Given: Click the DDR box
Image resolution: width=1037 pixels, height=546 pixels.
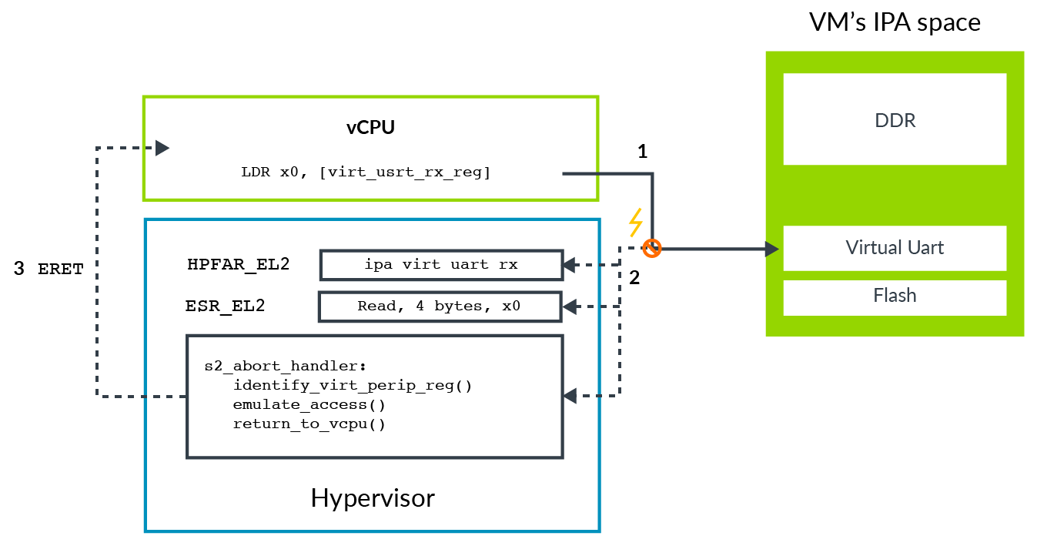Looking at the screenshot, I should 895,119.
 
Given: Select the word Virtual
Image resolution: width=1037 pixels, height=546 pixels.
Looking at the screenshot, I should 873,248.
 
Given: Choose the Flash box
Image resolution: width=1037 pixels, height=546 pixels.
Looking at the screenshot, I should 895,296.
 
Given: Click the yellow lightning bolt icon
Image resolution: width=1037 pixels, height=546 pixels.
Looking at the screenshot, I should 635,223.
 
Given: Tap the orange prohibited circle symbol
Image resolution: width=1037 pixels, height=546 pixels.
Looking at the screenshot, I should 652,249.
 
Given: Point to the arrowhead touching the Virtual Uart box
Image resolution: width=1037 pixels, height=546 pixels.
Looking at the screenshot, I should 771,249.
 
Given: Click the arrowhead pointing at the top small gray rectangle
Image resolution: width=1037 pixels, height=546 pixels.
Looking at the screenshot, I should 570,265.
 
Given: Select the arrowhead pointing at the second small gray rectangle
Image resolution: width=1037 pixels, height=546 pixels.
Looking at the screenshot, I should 570,307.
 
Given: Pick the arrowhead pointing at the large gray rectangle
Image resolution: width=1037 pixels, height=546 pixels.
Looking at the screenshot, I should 570,396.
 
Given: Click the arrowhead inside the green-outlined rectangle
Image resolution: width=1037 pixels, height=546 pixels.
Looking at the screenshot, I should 162,147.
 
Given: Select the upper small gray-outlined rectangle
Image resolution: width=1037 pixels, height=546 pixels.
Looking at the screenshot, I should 440,265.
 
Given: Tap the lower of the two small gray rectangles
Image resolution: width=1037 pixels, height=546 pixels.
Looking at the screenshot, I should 440,307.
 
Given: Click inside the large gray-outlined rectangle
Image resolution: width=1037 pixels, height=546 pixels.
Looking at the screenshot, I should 374,397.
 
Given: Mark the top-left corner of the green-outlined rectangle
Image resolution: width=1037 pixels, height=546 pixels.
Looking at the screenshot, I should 144,97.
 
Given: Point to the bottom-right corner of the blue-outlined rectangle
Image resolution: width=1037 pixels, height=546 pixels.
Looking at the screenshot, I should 598,531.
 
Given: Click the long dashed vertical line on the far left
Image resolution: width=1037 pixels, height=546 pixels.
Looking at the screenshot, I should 97,270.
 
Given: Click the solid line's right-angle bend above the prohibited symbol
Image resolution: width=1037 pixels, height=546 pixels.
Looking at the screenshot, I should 652,174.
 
